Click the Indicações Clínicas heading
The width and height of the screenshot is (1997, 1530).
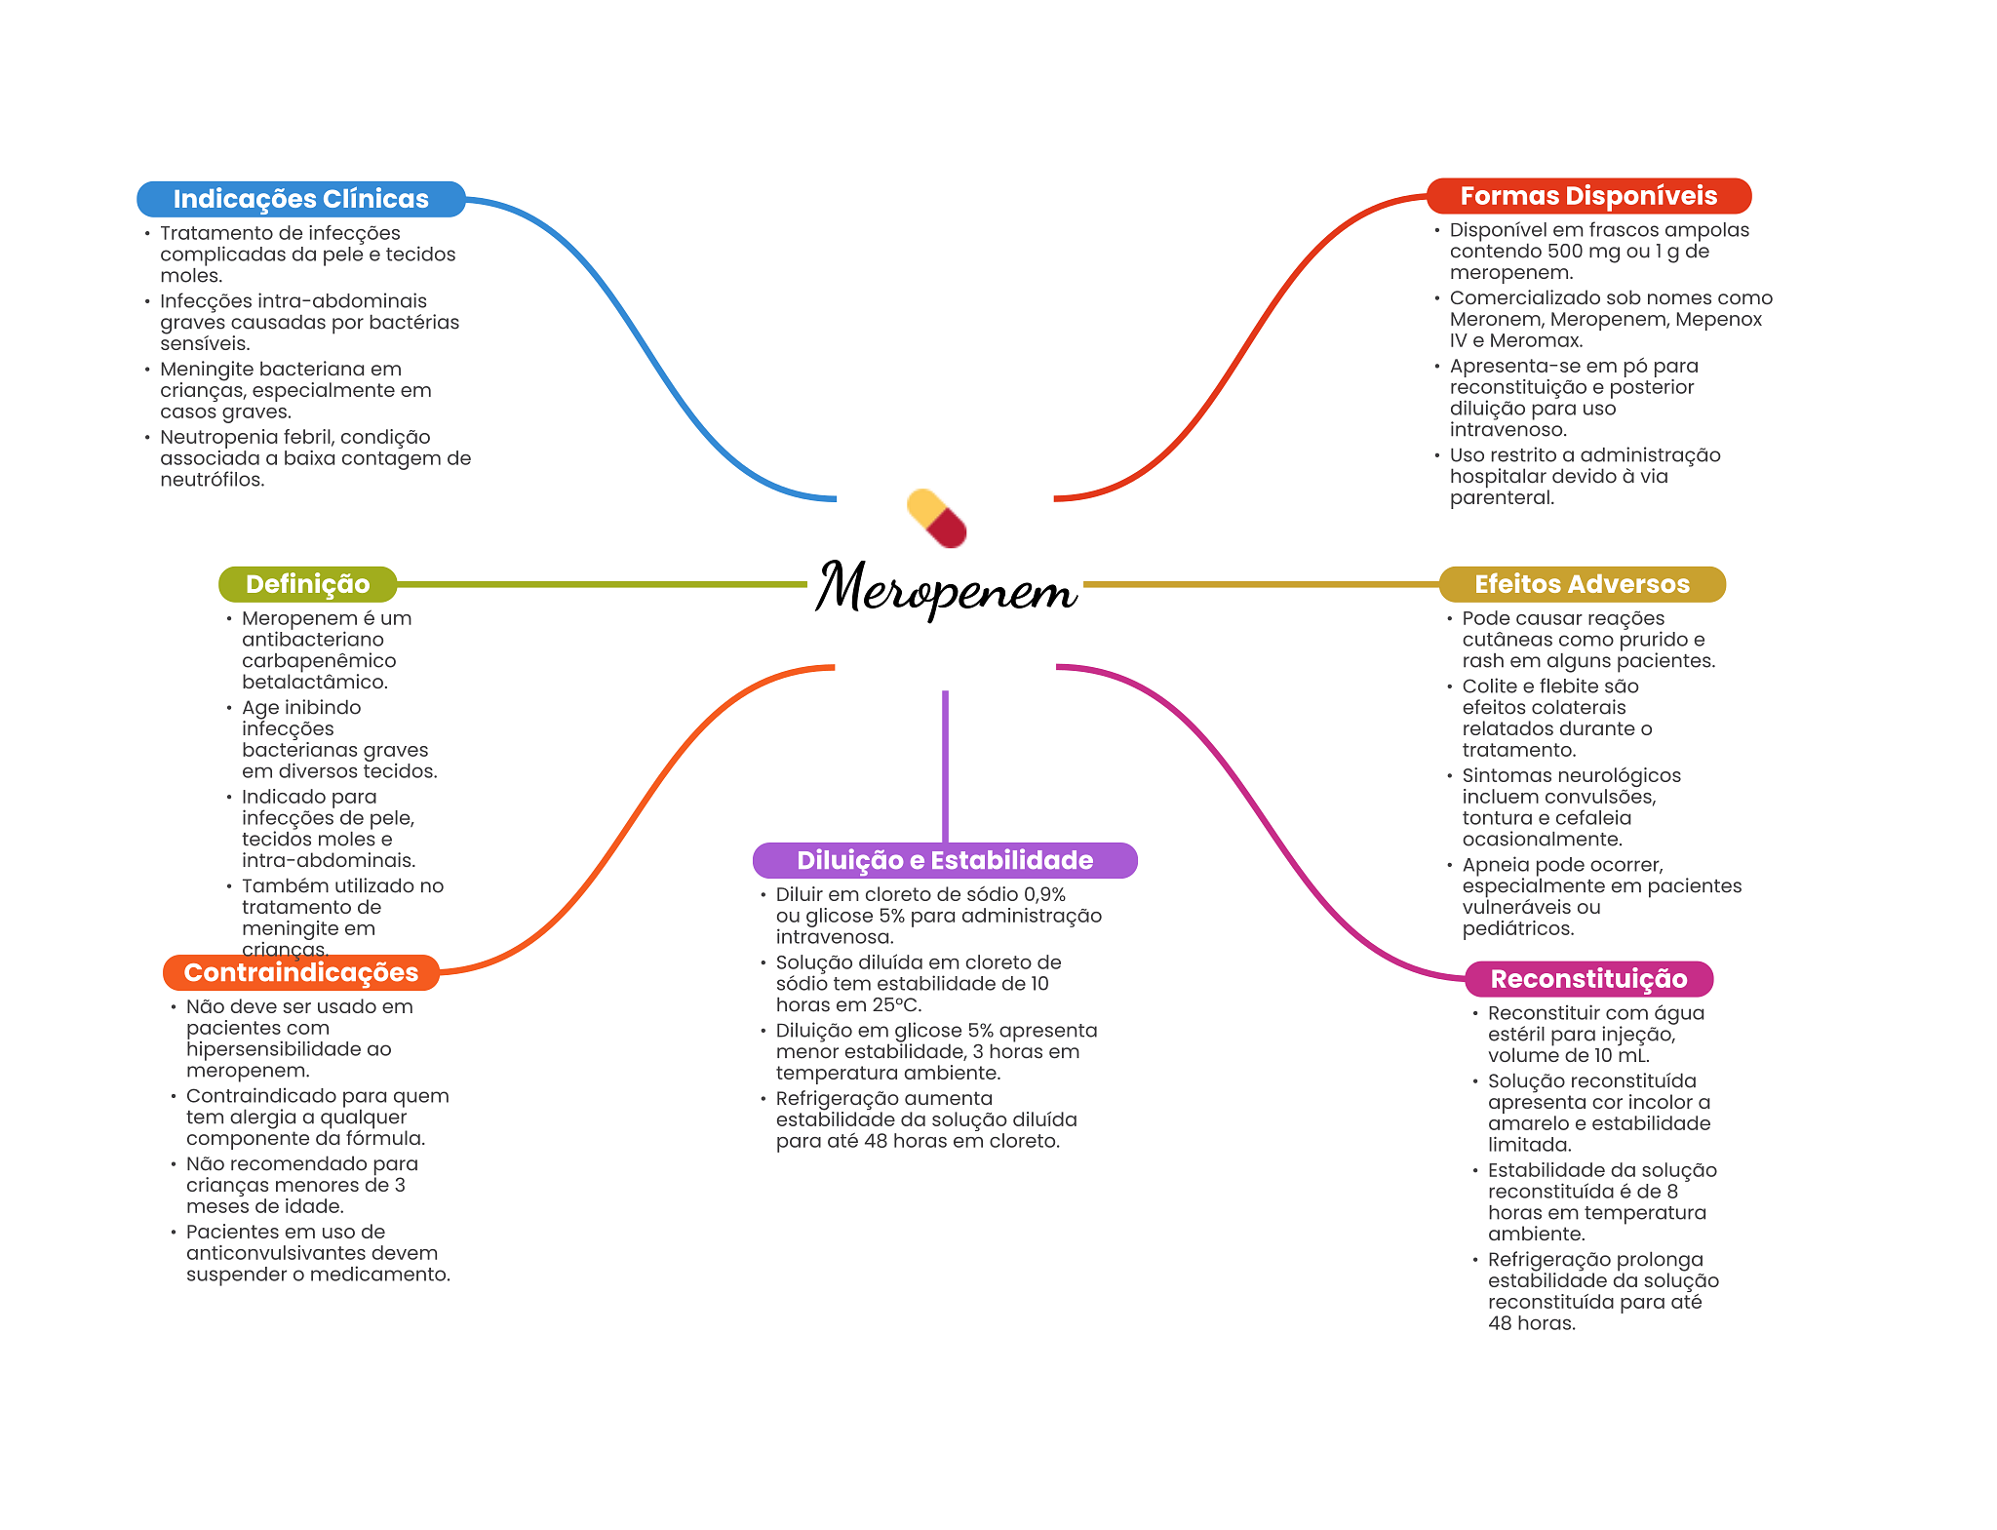pos(300,199)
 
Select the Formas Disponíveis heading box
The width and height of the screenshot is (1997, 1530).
pos(1588,196)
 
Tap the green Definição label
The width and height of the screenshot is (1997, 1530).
pos(307,584)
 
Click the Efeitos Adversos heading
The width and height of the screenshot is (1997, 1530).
pos(1582,584)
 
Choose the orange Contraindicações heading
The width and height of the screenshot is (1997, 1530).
pos(300,972)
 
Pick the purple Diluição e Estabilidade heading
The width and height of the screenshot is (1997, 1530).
pos(944,860)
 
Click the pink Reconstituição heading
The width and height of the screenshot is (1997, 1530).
pos(1588,979)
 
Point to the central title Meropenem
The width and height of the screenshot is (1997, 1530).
pos(946,588)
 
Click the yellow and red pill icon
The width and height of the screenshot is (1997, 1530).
pos(936,518)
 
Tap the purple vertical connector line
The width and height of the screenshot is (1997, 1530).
pos(945,765)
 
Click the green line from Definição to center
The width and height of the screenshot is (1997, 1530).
pos(601,584)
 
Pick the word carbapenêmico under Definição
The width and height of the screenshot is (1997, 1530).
pos(319,661)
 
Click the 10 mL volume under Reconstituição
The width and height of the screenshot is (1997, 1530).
pos(1622,1056)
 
